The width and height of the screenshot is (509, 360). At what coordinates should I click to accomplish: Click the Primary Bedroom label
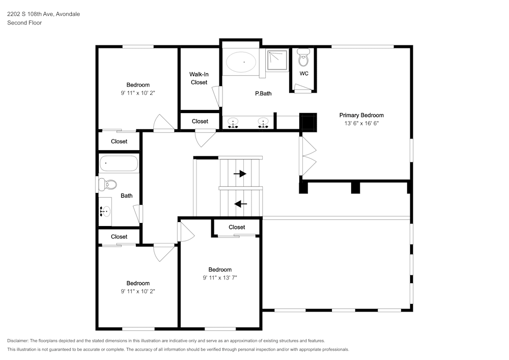[x=361, y=115]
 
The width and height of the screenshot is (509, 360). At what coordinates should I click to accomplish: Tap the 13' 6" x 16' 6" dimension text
[x=361, y=123]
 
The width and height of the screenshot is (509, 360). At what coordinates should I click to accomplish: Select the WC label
[x=304, y=73]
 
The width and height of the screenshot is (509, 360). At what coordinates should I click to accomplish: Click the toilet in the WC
[x=303, y=58]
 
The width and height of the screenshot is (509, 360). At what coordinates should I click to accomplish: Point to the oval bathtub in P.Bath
[x=241, y=62]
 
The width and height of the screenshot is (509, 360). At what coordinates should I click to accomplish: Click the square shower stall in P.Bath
[x=277, y=60]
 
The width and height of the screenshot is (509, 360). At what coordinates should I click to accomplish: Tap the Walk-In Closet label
[x=199, y=78]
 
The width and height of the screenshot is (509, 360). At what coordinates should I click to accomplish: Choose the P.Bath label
[x=263, y=94]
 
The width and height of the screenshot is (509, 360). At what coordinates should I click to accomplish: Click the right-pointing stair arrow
[x=240, y=174]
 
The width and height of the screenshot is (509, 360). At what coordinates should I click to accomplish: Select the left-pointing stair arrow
[x=241, y=204]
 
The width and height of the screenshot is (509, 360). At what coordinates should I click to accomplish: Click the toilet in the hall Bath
[x=107, y=185]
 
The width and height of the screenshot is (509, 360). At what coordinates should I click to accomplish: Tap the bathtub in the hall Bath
[x=119, y=163]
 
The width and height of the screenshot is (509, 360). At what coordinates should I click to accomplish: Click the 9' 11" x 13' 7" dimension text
[x=220, y=278]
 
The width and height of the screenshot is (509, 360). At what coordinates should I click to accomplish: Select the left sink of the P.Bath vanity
[x=233, y=123]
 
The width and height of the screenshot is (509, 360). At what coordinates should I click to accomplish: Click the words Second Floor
[x=24, y=23]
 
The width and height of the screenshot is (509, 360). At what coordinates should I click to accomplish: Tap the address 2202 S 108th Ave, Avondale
[x=43, y=14]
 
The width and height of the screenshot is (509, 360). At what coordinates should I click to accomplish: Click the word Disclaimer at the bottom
[x=18, y=341]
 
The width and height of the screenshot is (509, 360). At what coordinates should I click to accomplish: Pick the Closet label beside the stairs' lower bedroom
[x=237, y=227]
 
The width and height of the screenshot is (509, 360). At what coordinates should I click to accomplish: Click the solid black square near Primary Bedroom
[x=308, y=122]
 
